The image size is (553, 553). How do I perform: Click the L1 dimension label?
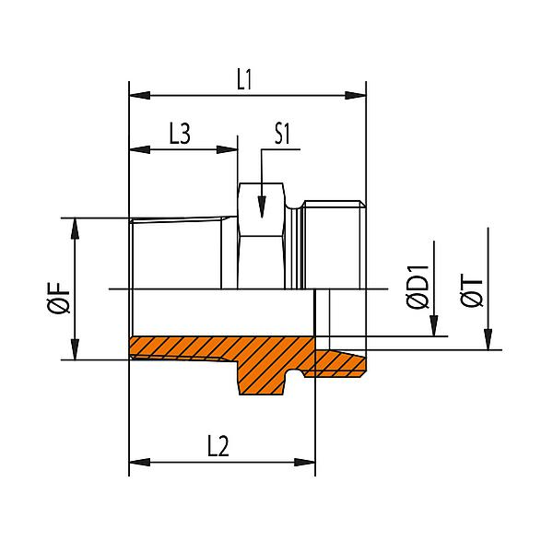[x=244, y=79]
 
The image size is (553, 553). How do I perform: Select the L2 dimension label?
[x=218, y=447]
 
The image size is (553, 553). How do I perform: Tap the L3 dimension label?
[x=180, y=134]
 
